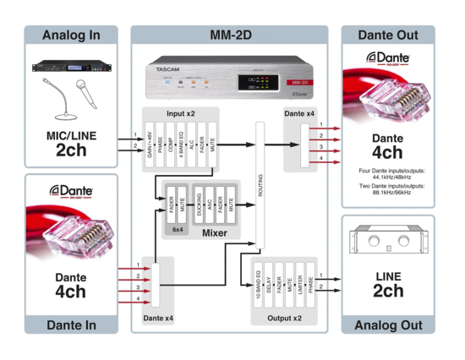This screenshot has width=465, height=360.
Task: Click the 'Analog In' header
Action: click(x=70, y=35)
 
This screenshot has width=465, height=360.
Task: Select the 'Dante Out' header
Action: click(x=387, y=35)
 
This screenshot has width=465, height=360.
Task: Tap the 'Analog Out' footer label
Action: click(x=387, y=325)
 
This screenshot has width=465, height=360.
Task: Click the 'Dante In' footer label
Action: click(x=70, y=325)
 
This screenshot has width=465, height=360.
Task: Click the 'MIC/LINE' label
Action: click(x=70, y=134)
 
